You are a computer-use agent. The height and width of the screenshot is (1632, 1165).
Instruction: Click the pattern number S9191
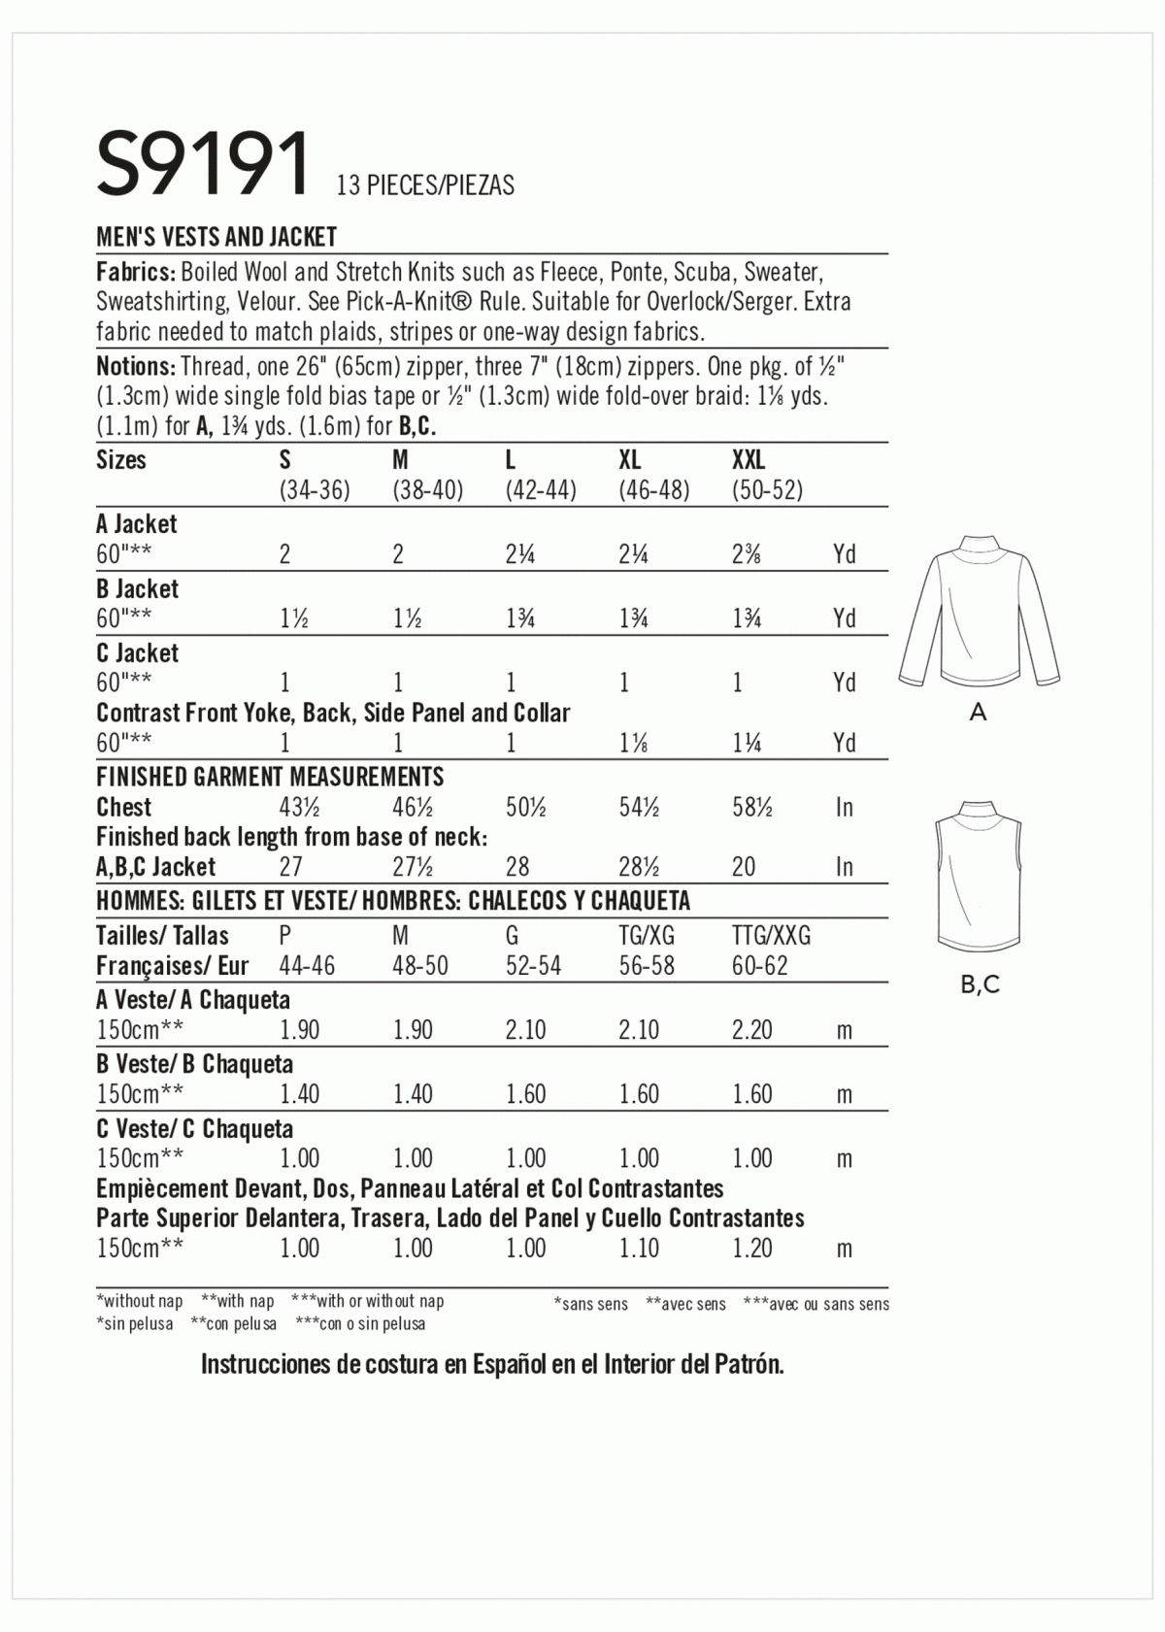point(203,164)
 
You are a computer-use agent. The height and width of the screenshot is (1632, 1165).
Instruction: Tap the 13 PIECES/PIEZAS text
point(425,184)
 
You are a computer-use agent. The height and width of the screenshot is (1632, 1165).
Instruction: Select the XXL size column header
point(749,459)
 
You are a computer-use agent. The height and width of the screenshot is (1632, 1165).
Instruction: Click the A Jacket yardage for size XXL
point(749,554)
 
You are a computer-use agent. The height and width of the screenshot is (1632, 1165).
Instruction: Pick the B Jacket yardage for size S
point(294,618)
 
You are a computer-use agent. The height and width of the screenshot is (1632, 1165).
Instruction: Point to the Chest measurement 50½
point(525,807)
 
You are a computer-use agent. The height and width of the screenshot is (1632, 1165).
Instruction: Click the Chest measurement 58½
point(752,807)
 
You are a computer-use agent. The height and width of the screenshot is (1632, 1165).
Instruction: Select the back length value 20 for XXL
point(744,866)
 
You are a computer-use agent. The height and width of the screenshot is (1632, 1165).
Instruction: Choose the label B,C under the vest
point(980,984)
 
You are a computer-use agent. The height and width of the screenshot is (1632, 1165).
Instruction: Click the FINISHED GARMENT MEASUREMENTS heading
point(270,777)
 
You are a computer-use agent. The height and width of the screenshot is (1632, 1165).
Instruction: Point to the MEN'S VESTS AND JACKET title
point(216,237)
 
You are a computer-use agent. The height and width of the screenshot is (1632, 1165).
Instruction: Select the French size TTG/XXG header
point(771,936)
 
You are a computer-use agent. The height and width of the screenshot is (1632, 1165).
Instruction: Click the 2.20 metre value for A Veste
point(751,1029)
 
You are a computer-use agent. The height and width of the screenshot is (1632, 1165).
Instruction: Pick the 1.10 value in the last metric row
point(639,1248)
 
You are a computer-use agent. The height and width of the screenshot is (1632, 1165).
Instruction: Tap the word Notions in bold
point(135,366)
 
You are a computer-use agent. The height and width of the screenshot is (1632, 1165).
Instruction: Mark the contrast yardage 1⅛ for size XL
point(633,743)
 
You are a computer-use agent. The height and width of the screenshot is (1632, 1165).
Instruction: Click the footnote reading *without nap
point(140,1301)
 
